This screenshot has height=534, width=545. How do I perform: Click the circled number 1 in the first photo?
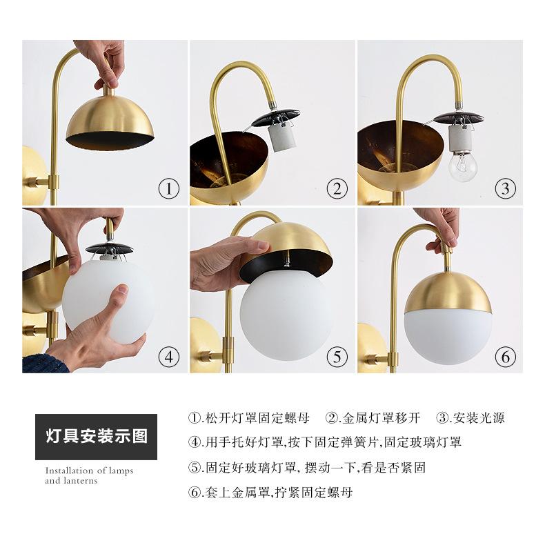click(169, 189)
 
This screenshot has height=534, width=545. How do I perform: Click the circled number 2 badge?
click(337, 189)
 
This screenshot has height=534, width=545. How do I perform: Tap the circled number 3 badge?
click(506, 189)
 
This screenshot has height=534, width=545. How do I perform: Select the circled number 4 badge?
click(169, 357)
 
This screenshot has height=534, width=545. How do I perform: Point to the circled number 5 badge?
click(337, 357)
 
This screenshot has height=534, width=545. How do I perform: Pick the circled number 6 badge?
click(506, 357)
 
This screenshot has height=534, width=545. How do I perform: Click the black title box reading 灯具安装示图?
click(96, 437)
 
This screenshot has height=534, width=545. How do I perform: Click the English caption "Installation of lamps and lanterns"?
click(89, 475)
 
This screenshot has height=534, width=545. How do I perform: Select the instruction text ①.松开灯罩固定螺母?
click(248, 417)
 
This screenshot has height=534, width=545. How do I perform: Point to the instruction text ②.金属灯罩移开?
click(373, 417)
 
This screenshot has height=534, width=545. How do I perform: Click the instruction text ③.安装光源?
click(470, 417)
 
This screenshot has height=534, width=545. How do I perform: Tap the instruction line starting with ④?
click(325, 442)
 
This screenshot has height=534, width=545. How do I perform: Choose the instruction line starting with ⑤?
click(307, 468)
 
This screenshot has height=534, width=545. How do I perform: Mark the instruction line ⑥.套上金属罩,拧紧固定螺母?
click(270, 493)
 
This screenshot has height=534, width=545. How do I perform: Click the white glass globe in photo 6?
click(448, 335)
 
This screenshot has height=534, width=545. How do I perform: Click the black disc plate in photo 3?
click(459, 118)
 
